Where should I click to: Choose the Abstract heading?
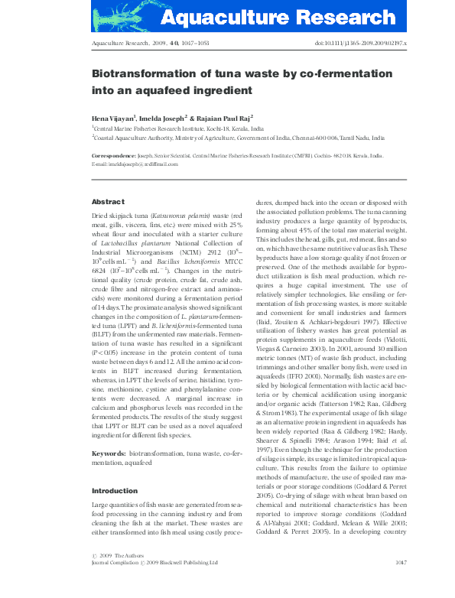click(x=107, y=201)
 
